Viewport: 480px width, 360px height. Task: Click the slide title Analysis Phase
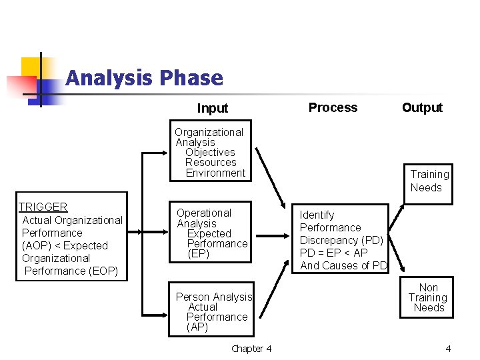[144, 79]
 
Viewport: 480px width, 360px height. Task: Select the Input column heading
[213, 108]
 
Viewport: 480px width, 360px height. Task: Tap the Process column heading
[333, 107]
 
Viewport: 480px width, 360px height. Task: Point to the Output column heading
[422, 107]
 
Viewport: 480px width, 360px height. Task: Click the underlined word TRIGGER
[43, 207]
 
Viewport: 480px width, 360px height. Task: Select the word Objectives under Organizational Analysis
[210, 153]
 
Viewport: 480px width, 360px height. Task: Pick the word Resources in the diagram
[211, 163]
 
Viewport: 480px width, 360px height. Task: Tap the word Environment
[215, 173]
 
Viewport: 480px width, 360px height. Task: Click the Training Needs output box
[429, 181]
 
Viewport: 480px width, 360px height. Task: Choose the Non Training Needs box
[428, 298]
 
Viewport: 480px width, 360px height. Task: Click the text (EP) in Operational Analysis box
[199, 254]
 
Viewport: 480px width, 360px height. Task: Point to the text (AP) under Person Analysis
[197, 327]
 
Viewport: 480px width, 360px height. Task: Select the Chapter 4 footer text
[251, 349]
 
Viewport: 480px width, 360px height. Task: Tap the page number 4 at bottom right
[448, 349]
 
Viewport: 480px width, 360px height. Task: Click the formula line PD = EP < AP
[333, 253]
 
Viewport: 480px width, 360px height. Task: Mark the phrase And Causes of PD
[343, 265]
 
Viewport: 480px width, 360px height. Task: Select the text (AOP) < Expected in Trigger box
[65, 245]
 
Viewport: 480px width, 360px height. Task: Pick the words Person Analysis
[214, 297]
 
